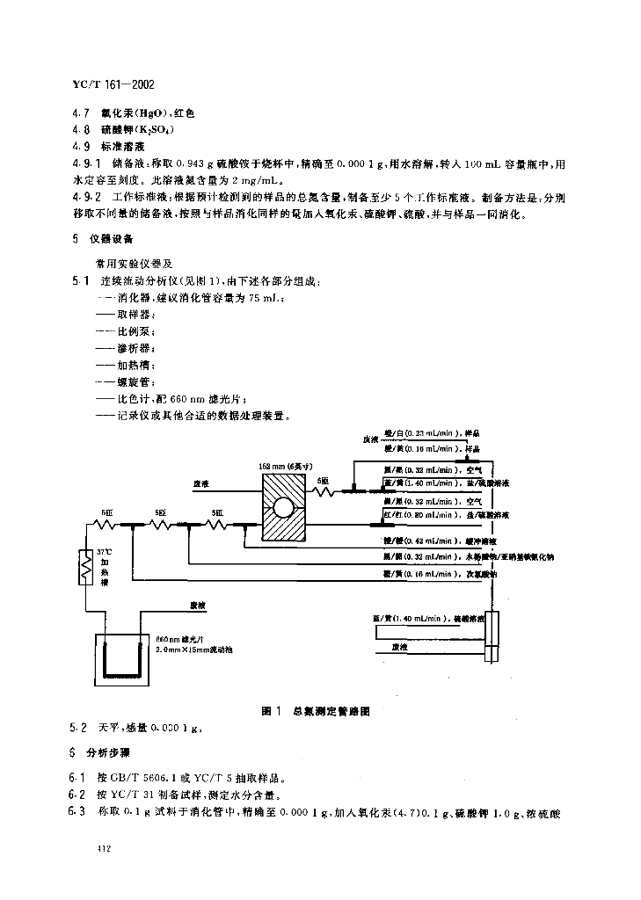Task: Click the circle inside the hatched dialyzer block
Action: (284, 508)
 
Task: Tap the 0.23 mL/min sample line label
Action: (420, 433)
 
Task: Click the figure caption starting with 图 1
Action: (322, 710)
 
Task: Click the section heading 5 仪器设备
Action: (98, 238)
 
